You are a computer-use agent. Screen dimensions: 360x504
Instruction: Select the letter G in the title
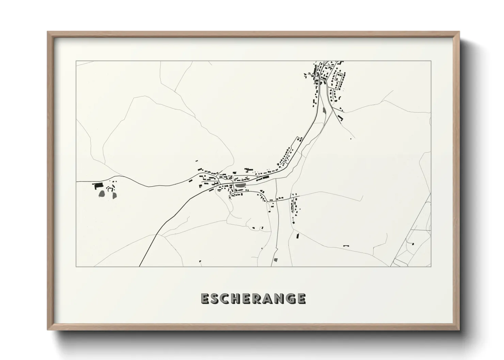pos(289,298)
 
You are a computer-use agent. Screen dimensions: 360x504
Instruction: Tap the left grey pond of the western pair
pos(102,194)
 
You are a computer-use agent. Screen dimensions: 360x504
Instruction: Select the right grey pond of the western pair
pos(113,195)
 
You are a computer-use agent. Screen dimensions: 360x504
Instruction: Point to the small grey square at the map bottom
pos(275,260)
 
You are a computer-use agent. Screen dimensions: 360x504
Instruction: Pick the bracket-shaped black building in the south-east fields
pos(346,245)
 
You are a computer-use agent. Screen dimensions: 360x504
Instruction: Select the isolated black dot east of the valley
pos(351,138)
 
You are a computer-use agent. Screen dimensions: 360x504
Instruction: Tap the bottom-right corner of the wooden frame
pos(459,329)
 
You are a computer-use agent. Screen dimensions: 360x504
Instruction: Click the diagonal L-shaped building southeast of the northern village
pos(340,119)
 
